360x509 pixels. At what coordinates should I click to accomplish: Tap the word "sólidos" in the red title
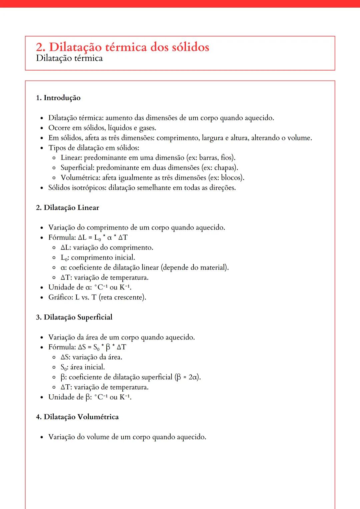(x=190, y=47)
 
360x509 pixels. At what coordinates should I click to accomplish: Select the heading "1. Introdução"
(x=58, y=98)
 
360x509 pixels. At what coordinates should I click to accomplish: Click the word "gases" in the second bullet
(x=147, y=128)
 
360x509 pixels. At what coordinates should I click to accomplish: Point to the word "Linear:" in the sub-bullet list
(x=71, y=158)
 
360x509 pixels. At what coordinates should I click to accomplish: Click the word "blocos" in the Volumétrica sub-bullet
(x=232, y=178)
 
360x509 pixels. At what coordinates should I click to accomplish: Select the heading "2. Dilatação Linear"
(x=68, y=208)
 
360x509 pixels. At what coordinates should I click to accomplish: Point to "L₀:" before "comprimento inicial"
(x=65, y=257)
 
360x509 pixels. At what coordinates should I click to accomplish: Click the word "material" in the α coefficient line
(x=214, y=267)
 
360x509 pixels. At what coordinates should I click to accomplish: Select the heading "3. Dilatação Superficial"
(x=74, y=317)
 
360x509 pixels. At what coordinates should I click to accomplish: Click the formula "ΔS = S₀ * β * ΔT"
(x=102, y=347)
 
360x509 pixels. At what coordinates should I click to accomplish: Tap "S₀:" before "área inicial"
(x=64, y=367)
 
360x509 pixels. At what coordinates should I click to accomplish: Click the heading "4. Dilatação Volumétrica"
(x=77, y=417)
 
